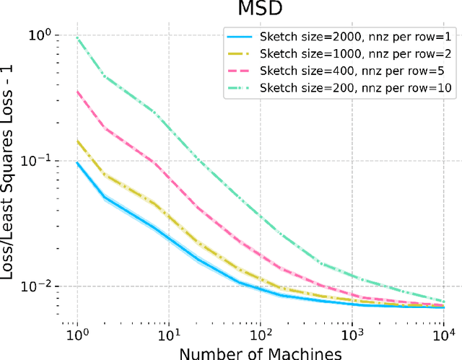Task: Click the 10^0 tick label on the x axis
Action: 77,336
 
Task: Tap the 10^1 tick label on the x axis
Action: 168,336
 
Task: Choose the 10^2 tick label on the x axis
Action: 260,336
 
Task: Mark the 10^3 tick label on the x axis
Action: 352,336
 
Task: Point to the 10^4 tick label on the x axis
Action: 443,336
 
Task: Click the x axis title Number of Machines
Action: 260,353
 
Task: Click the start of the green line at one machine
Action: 77,38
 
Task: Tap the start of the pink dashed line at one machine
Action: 77,92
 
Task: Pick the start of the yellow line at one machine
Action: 77,141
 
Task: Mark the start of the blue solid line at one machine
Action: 77,162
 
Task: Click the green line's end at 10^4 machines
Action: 443,302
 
